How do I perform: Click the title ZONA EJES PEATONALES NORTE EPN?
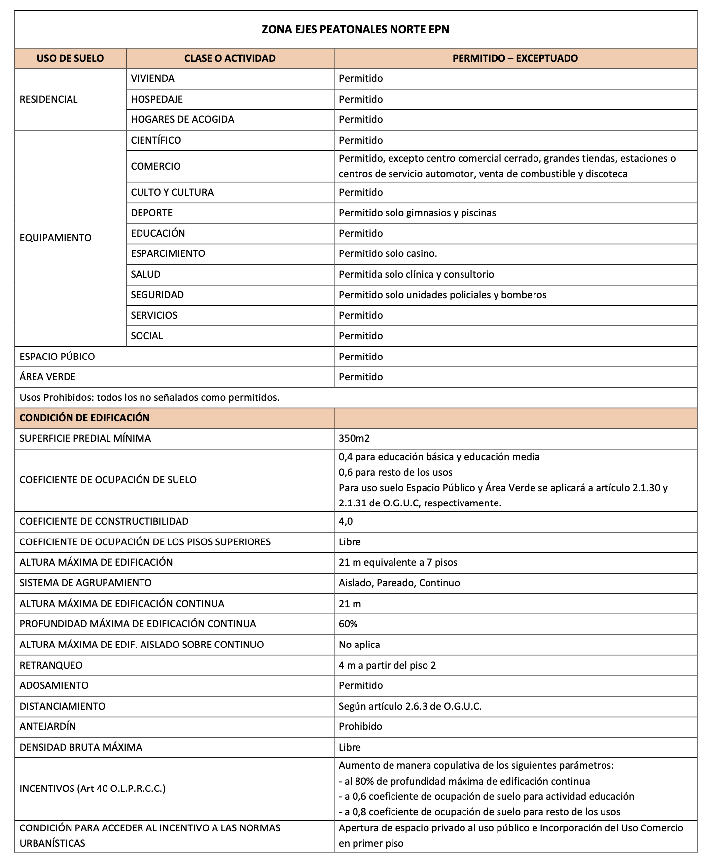pyautogui.click(x=355, y=30)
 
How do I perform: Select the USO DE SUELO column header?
pyautogui.click(x=70, y=58)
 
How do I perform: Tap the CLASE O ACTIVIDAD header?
pyautogui.click(x=230, y=58)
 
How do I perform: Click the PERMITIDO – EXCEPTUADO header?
pyautogui.click(x=515, y=58)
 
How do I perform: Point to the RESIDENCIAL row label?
pyautogui.click(x=48, y=99)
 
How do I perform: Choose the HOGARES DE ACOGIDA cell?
pyautogui.click(x=182, y=119)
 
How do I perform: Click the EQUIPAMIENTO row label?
pyautogui.click(x=55, y=238)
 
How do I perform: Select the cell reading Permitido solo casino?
pyautogui.click(x=388, y=253)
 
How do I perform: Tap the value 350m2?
pyautogui.click(x=354, y=438)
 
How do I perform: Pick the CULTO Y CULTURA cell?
pyautogui.click(x=172, y=192)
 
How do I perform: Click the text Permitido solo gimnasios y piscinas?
pyautogui.click(x=417, y=213)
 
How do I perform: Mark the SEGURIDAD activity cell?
pyautogui.click(x=157, y=295)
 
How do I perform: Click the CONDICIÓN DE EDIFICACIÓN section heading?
pyautogui.click(x=84, y=418)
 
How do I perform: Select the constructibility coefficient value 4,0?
pyautogui.click(x=346, y=521)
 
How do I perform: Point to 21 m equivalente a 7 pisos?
pyautogui.click(x=398, y=562)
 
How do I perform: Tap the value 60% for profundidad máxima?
pyautogui.click(x=348, y=624)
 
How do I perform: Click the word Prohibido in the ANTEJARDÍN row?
pyautogui.click(x=360, y=726)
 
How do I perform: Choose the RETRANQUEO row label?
pyautogui.click(x=51, y=665)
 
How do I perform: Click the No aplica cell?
pyautogui.click(x=359, y=645)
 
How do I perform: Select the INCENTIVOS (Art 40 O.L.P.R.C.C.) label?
pyautogui.click(x=92, y=789)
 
